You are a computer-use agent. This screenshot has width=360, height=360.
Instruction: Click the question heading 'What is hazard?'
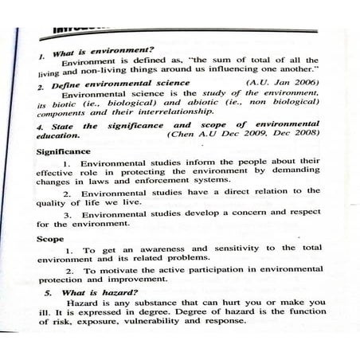(91, 292)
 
